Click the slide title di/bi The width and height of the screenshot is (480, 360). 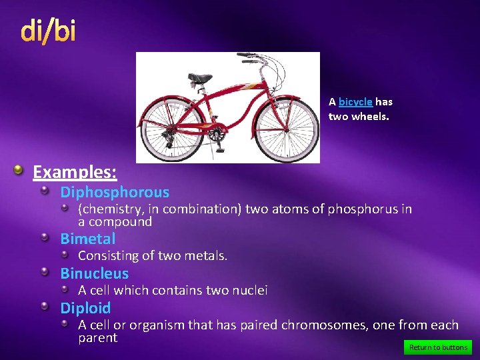(48, 31)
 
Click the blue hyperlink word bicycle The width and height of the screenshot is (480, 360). (355, 102)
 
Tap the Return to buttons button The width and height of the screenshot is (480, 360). (438, 347)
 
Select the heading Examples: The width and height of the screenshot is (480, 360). (75, 172)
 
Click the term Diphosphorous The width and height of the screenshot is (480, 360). (115, 193)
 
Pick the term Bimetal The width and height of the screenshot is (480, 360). (87, 239)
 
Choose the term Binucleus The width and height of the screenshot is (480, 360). (94, 273)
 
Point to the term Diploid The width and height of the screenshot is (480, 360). (85, 308)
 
